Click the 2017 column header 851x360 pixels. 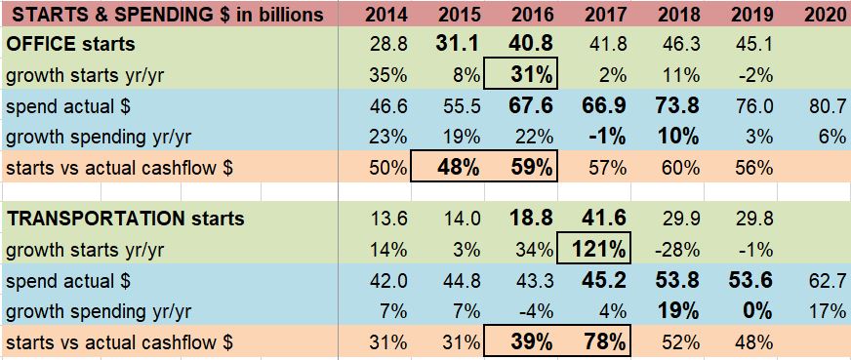point(605,17)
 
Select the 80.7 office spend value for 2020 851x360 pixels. point(827,105)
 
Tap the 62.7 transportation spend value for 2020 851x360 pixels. point(827,280)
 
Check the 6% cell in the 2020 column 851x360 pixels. point(835,136)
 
